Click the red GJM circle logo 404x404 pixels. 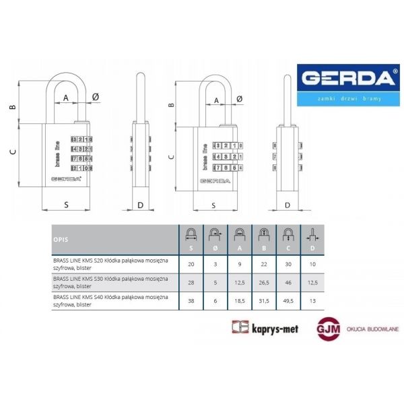327,328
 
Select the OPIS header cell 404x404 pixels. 61,239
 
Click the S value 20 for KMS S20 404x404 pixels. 191,264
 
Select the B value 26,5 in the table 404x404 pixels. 263,282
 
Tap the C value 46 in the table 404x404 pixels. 288,282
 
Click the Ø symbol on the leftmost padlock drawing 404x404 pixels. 95,98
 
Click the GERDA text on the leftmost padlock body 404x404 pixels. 65,178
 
